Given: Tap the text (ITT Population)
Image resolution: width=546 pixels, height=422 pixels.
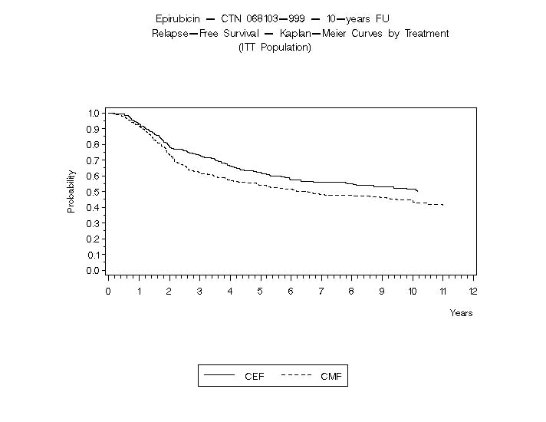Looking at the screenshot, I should click(x=275, y=48).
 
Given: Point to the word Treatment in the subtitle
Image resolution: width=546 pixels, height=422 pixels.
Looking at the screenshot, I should click(x=426, y=34).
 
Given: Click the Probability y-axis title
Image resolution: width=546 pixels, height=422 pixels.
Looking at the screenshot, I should click(x=71, y=191).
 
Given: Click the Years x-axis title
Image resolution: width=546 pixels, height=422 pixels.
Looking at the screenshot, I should click(x=461, y=313).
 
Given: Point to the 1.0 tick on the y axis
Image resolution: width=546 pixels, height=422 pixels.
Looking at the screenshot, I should click(x=94, y=114).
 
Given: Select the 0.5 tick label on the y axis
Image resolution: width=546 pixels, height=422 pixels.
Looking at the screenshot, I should click(x=94, y=192).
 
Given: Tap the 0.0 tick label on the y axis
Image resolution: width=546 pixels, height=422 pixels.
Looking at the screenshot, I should click(x=94, y=270).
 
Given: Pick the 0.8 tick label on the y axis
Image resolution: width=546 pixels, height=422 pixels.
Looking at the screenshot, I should click(x=94, y=145).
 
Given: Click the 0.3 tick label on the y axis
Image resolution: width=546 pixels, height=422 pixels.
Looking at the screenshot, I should click(x=94, y=223).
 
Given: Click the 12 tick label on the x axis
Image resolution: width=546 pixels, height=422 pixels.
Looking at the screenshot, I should click(x=473, y=292).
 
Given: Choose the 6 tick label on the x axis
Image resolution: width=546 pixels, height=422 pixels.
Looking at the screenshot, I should click(x=290, y=292).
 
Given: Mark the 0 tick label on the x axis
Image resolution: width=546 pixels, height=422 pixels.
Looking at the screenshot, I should click(x=108, y=292).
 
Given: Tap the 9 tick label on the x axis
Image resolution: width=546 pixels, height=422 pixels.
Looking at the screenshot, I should click(x=382, y=292).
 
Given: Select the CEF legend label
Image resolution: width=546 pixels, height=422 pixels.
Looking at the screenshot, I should click(x=254, y=377).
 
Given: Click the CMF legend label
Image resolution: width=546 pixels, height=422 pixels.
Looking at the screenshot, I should click(x=331, y=377).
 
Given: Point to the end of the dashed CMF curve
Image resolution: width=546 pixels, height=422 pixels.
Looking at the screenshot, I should click(x=443, y=205).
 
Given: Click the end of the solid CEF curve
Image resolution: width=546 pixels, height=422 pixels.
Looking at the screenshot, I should click(x=417, y=190).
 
